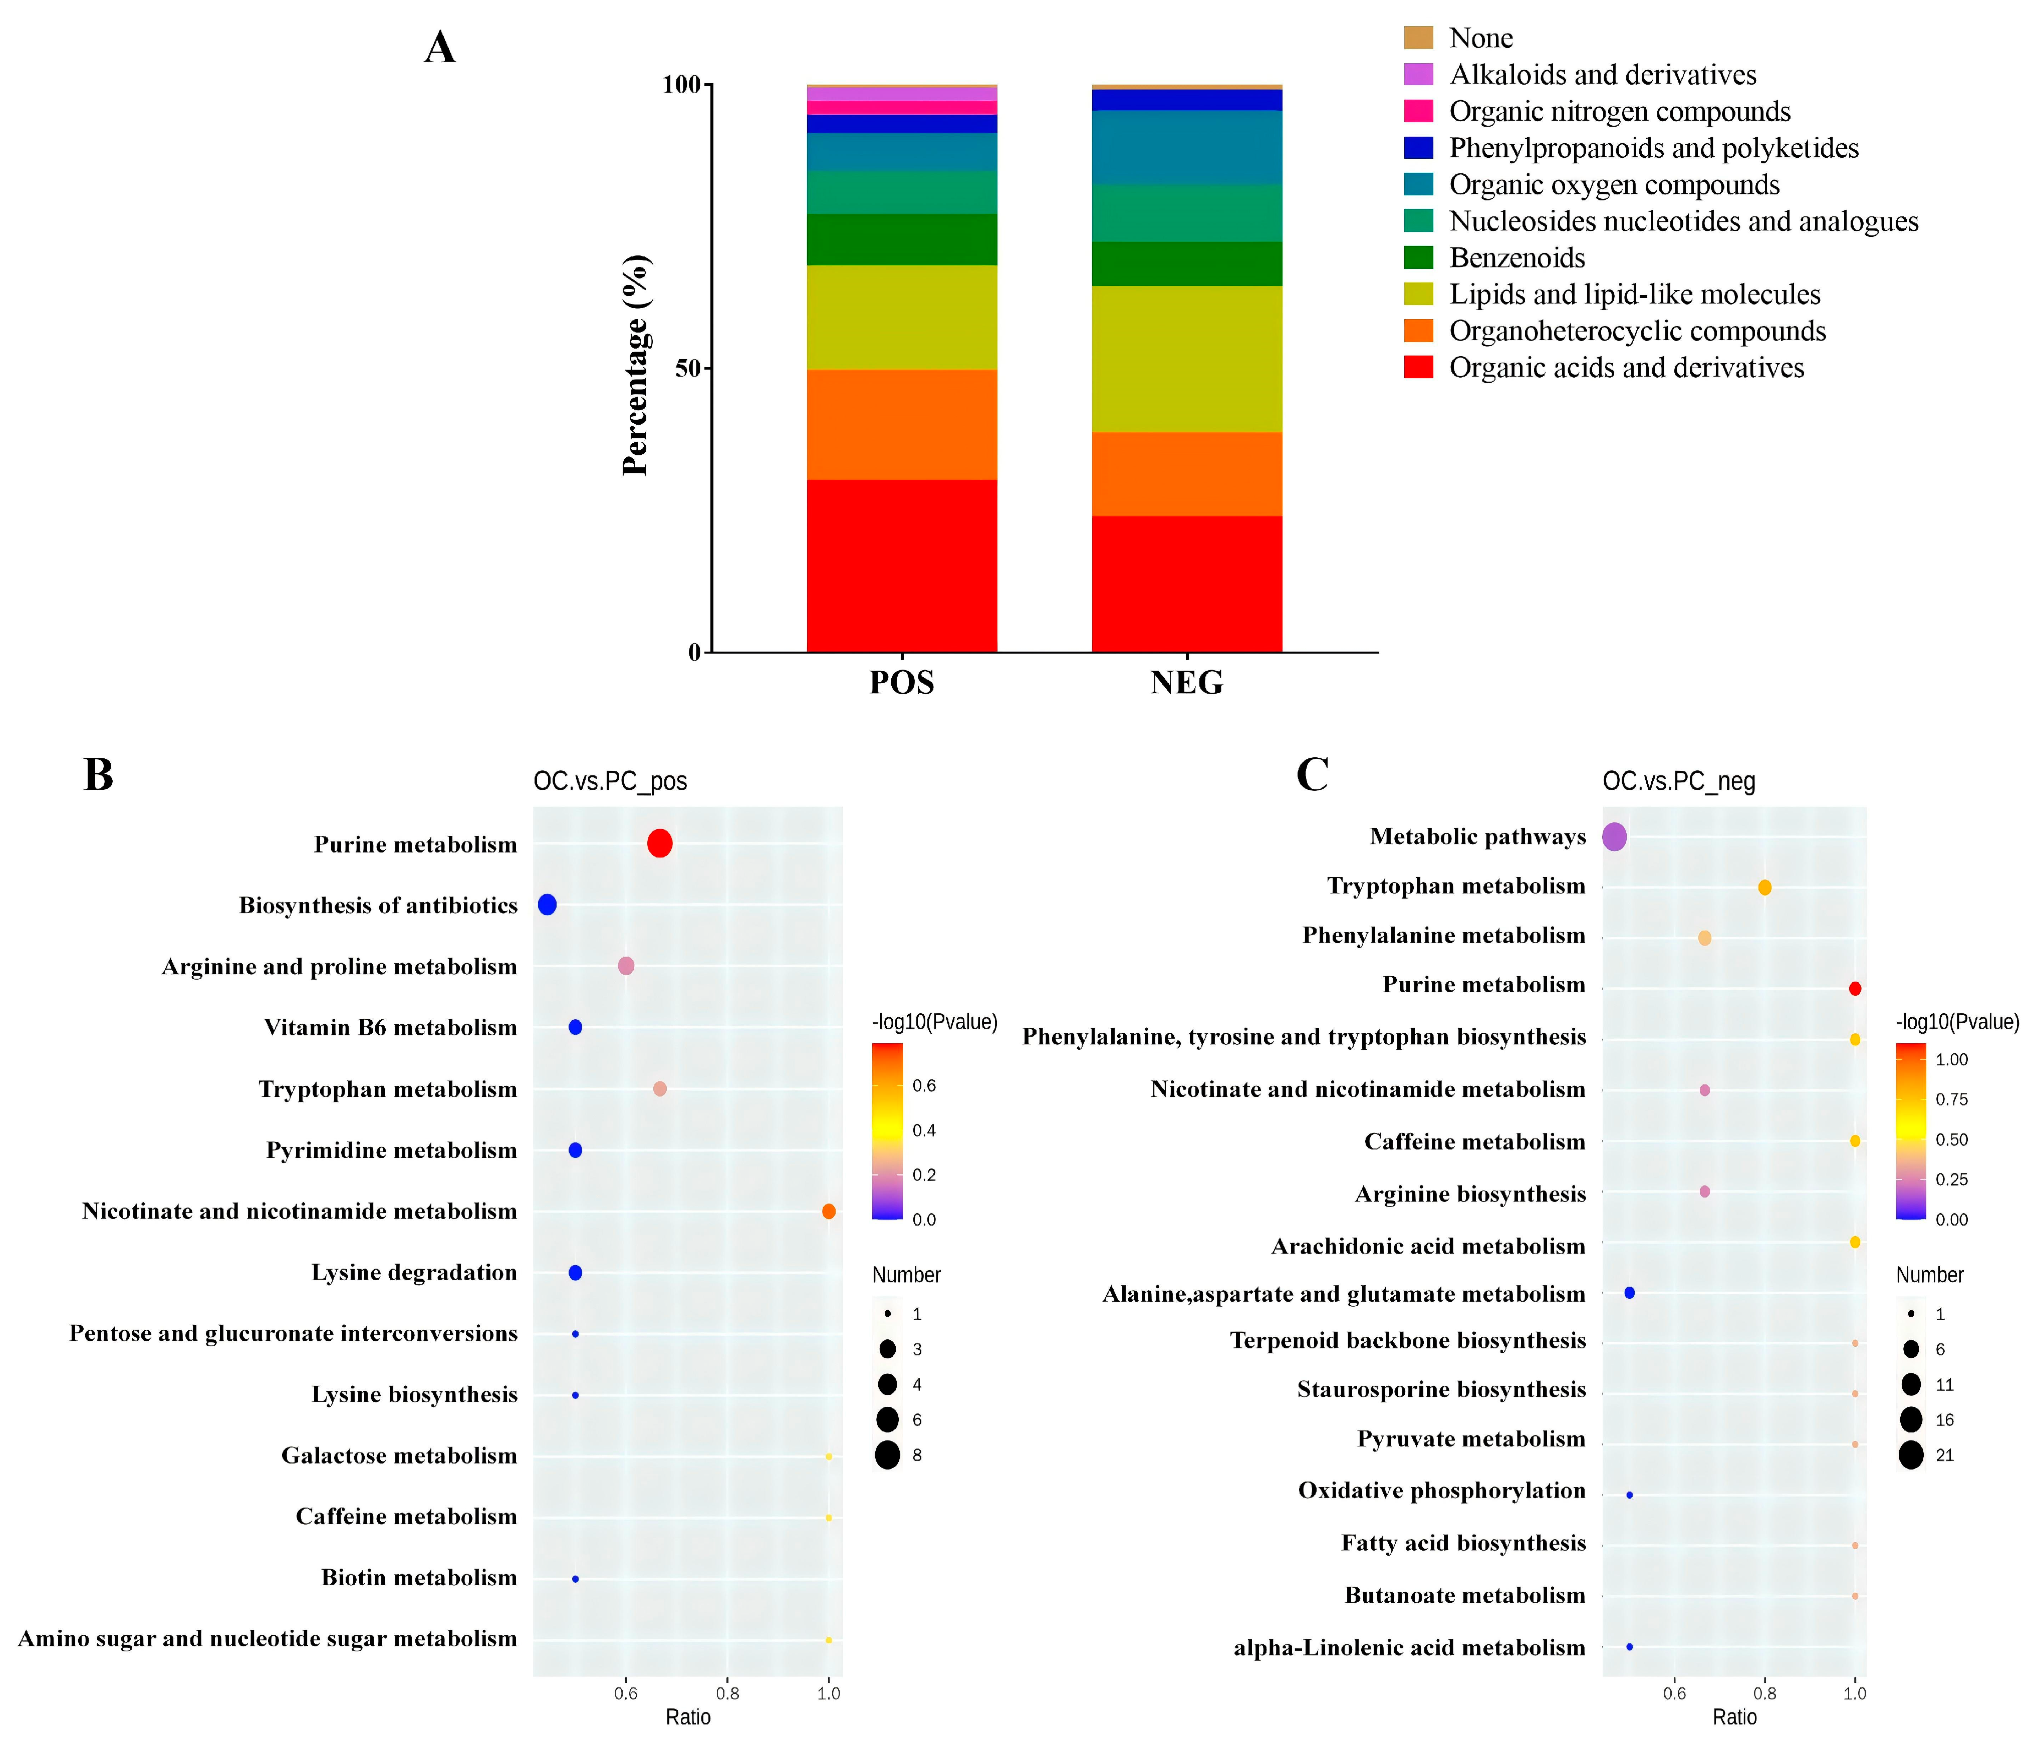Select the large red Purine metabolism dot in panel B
[x=660, y=843]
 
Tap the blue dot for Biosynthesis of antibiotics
[x=547, y=905]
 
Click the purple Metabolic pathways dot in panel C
[x=1614, y=837]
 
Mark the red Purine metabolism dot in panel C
[x=1855, y=989]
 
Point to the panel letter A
[x=439, y=47]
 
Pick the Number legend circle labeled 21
[x=1910, y=1455]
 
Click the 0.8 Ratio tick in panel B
[x=727, y=1693]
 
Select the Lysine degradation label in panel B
[x=414, y=1272]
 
